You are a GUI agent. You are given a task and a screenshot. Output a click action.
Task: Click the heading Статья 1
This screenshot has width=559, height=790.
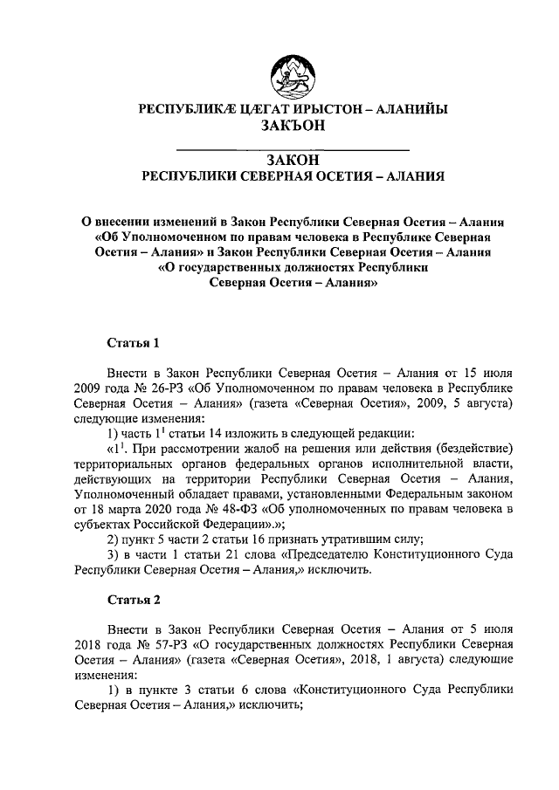tap(133, 340)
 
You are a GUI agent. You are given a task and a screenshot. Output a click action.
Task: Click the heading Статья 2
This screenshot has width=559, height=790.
tap(133, 600)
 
